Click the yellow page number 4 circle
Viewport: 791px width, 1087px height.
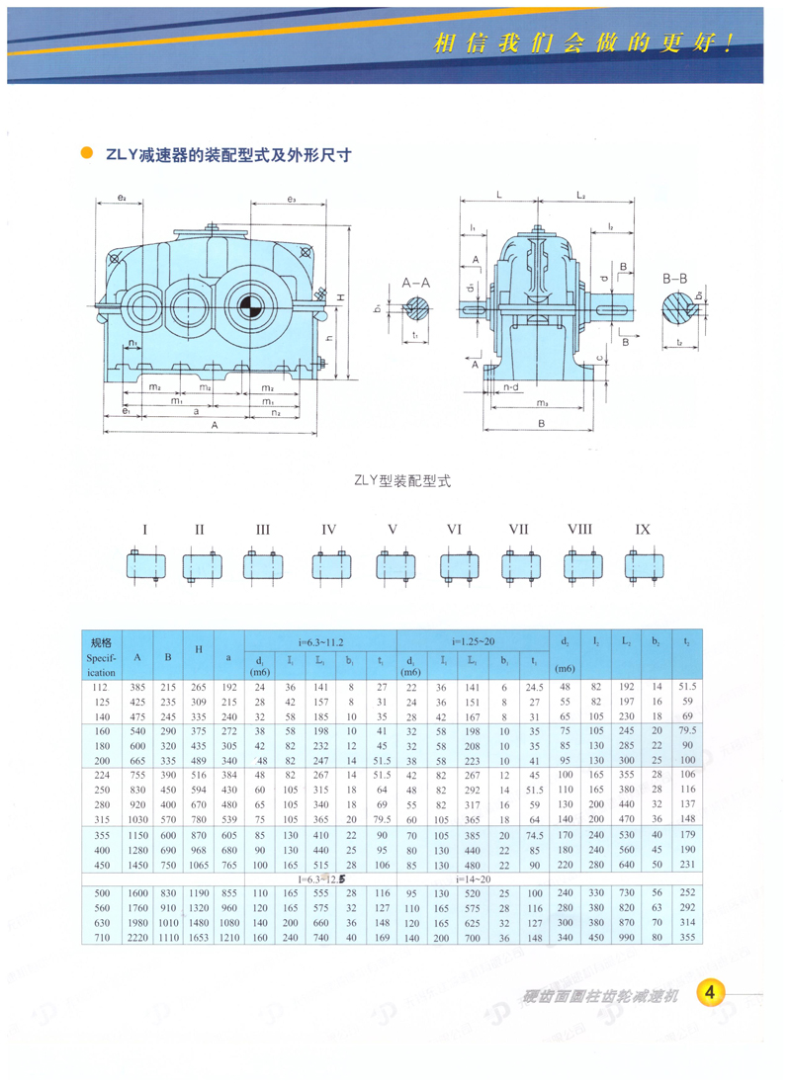[x=712, y=992]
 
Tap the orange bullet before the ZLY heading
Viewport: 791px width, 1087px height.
[x=86, y=154]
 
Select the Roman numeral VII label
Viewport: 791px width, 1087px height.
[x=518, y=530]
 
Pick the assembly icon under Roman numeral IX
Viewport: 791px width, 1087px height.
[x=644, y=565]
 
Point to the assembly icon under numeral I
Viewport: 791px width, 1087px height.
[x=144, y=565]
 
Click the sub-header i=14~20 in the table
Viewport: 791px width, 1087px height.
[x=472, y=877]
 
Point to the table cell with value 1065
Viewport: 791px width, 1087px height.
[x=200, y=864]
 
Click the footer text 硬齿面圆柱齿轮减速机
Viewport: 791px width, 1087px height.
[x=598, y=995]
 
